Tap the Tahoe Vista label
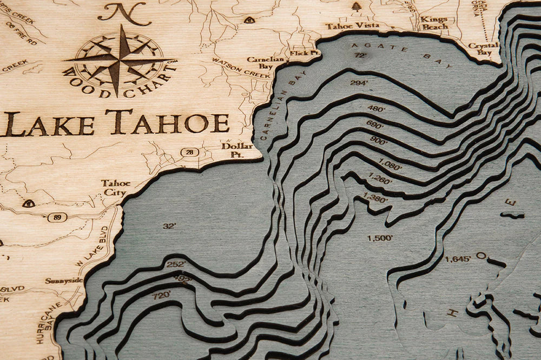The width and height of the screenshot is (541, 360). point(345,25)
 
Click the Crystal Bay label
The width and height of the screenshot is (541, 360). point(483,49)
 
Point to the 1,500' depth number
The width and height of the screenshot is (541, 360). point(380,238)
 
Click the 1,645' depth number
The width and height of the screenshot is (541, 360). point(458,259)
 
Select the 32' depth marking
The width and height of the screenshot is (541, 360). point(169,226)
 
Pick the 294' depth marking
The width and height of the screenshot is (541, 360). point(359,83)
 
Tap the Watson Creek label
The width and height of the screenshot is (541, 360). point(241,68)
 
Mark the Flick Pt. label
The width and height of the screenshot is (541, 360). point(298,54)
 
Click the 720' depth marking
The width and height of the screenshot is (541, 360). point(162,295)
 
